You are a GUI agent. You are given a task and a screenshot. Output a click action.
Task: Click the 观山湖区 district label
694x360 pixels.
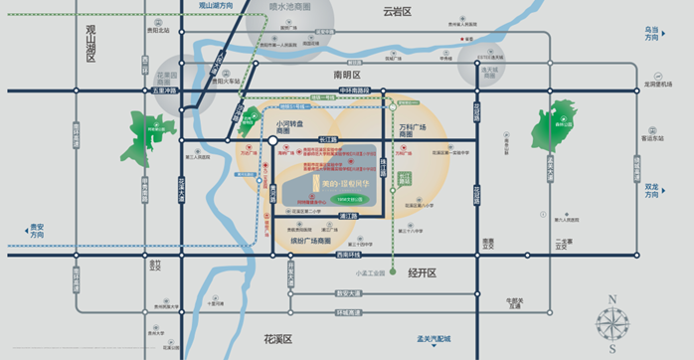click(90, 44)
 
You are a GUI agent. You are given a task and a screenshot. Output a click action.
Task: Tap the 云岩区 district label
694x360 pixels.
click(397, 13)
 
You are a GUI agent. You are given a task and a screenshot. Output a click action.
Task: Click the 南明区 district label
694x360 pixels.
click(347, 75)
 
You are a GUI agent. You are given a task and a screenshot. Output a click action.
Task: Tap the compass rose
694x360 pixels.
click(612, 324)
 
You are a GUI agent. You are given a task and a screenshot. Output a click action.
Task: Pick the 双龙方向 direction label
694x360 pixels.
click(651, 190)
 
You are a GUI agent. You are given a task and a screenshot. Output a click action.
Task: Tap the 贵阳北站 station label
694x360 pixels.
click(160, 31)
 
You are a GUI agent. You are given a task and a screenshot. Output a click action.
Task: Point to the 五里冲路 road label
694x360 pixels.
click(163, 91)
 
